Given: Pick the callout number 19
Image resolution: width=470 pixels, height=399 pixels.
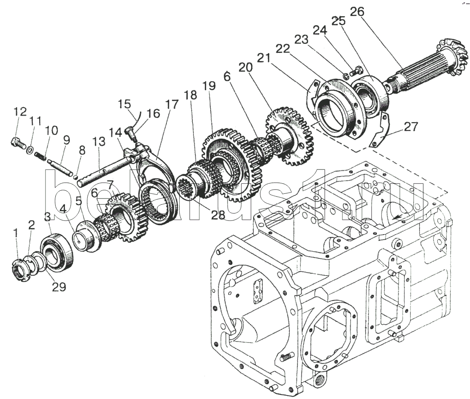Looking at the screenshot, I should click(x=209, y=86).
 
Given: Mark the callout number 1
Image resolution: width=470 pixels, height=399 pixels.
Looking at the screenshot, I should click(x=16, y=234).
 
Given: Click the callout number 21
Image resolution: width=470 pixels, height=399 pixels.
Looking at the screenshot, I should click(x=264, y=58).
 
